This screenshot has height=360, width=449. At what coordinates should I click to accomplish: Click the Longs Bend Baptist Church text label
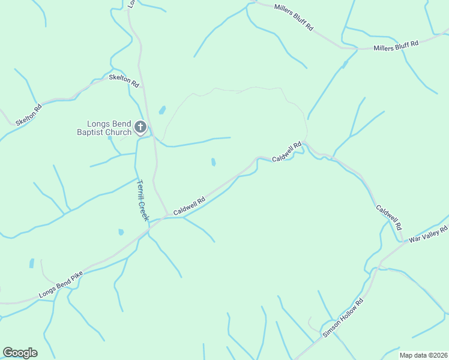(x=104, y=128)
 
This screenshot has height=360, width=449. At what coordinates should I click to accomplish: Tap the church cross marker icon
(x=140, y=127)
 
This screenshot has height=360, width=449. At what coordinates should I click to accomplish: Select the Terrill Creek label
(x=142, y=200)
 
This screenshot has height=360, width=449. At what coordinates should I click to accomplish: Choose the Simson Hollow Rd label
(x=343, y=318)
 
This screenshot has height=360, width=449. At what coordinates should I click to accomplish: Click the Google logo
(x=20, y=353)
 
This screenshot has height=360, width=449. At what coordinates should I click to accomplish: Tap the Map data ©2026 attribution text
(x=423, y=355)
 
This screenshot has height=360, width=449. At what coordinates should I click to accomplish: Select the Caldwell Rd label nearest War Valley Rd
(x=388, y=218)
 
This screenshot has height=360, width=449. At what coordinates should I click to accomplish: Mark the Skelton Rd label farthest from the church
(x=29, y=115)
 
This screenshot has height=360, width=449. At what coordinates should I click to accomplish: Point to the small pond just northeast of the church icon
(x=161, y=110)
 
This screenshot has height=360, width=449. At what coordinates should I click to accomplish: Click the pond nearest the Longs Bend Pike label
(x=31, y=263)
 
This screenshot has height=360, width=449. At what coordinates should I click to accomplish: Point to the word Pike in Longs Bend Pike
(x=75, y=278)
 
